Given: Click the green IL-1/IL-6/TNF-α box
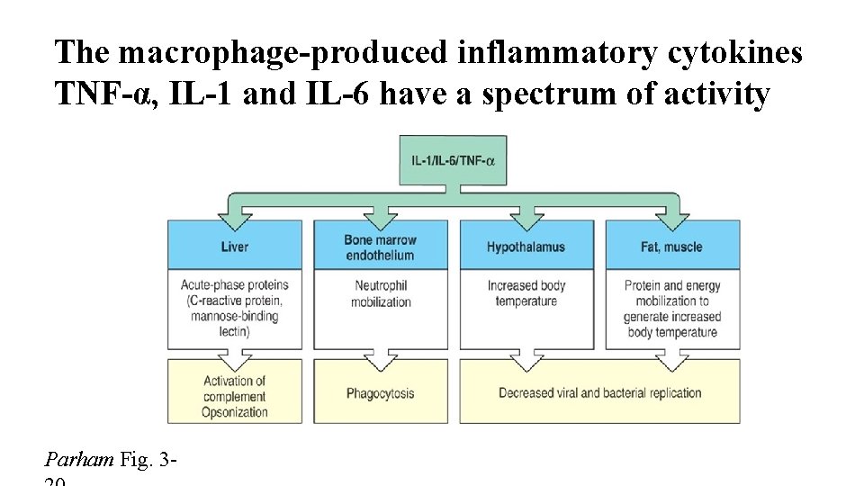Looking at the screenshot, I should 454,160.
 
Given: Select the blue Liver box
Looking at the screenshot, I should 234,247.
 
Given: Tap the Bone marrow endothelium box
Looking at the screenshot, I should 380,247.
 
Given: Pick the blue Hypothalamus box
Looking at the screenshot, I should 526,247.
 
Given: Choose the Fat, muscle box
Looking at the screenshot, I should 673,247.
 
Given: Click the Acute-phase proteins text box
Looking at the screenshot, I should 234,309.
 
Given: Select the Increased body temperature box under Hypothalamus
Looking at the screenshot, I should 526,294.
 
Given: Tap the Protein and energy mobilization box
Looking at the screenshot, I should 673,309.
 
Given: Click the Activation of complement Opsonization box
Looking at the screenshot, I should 234,396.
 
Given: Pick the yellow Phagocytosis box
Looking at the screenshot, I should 380,393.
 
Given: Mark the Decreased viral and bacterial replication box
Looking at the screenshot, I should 600,393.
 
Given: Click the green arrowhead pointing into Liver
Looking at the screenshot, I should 236,216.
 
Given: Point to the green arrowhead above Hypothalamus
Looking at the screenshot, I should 527,216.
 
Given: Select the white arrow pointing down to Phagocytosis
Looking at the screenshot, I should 381,359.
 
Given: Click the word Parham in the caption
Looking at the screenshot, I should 79,460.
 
